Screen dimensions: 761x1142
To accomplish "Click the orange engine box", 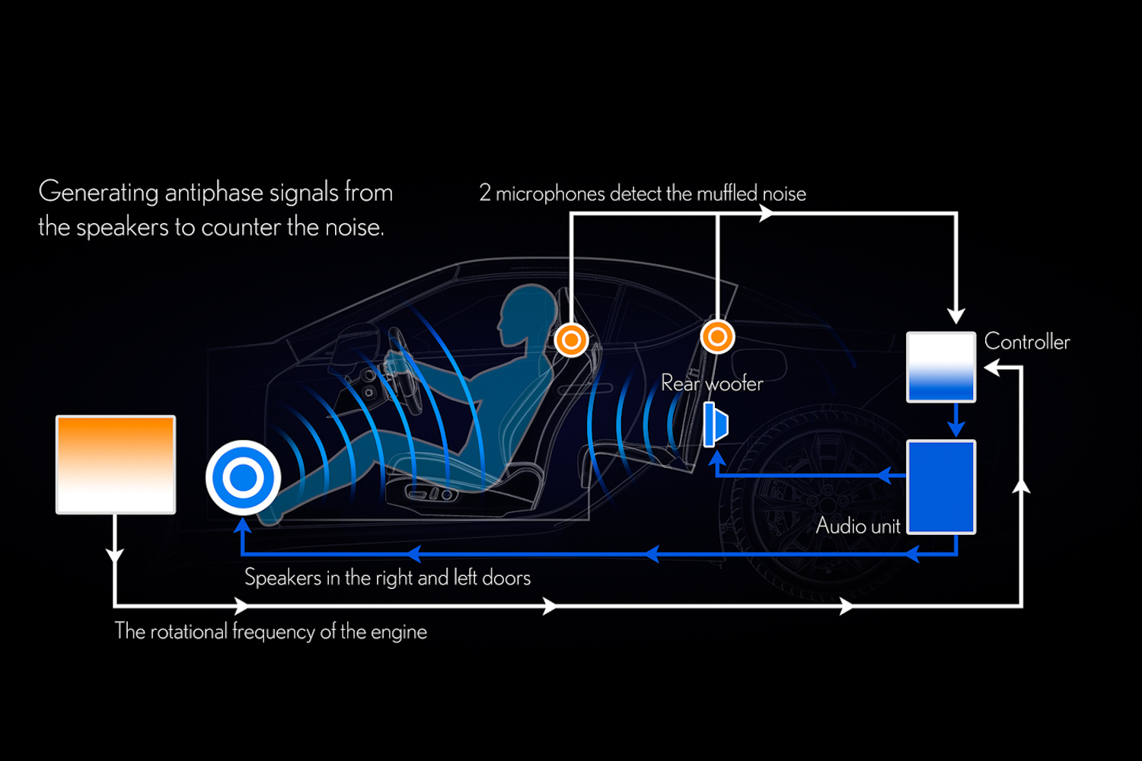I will [116, 464].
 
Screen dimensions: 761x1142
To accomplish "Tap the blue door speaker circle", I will [244, 477].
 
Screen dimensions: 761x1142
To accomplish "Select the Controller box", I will [941, 367].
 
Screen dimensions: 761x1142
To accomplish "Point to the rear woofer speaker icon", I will [716, 425].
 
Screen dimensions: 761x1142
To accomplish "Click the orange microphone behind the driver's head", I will [571, 339].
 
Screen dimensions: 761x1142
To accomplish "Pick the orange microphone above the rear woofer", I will [717, 336].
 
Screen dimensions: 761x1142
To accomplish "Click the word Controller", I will [1027, 342].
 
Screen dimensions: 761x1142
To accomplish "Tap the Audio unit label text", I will [858, 526].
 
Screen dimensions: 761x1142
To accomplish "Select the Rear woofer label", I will [712, 383].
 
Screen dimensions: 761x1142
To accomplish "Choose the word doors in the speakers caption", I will [506, 578].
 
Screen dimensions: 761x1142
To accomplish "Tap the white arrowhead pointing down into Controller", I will [956, 316].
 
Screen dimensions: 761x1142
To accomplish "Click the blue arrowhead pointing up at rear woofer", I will [716, 458].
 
